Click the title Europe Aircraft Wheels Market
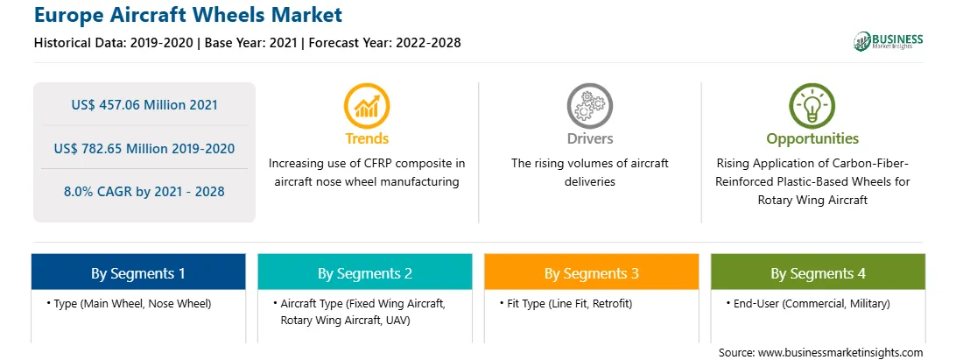point(188,14)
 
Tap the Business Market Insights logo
point(889,41)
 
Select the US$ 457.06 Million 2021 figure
point(144,105)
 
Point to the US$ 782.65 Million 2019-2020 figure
point(144,148)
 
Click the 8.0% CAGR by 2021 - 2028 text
point(144,192)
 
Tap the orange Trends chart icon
point(367,106)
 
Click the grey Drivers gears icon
point(589,106)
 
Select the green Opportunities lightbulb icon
point(812,106)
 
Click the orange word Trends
point(367,138)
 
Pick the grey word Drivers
point(589,138)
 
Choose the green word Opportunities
point(812,139)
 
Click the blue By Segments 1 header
point(138,272)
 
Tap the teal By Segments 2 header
point(364,272)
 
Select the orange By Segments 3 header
point(592,272)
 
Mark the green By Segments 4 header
point(819,272)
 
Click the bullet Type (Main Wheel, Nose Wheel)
point(129,303)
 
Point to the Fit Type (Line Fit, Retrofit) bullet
point(566,303)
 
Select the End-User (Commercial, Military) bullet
point(808,303)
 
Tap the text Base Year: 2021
point(251,43)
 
